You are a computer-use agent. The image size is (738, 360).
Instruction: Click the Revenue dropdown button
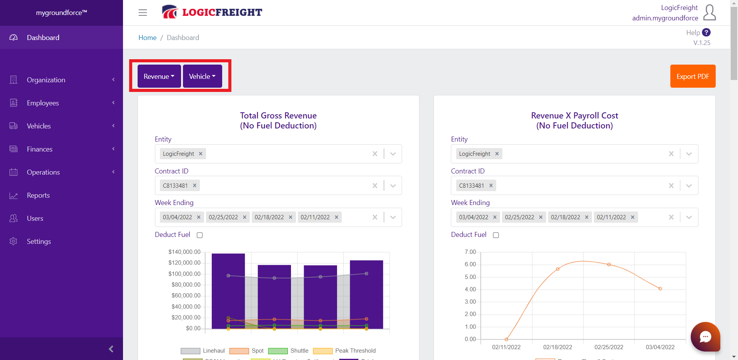pos(159,76)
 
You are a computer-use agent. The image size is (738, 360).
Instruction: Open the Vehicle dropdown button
pos(202,76)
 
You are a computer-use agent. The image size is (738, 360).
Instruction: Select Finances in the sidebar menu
pos(40,149)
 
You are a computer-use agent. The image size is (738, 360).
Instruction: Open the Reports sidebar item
pos(38,195)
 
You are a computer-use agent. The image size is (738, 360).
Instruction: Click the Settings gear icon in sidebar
pos(13,241)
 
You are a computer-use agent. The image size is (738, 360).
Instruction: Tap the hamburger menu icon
pos(143,13)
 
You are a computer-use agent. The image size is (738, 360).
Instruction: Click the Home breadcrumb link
pos(147,38)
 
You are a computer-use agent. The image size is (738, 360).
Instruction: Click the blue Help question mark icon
pos(706,33)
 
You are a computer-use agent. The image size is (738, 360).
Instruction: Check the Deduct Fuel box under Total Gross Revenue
pos(199,235)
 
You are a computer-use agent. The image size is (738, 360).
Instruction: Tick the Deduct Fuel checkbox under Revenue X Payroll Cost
pos(496,235)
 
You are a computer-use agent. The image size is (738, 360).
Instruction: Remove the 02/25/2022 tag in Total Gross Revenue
pos(244,217)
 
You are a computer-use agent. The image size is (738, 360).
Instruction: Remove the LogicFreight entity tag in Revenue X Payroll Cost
pos(497,154)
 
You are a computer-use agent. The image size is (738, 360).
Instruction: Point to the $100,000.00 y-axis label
pos(184,274)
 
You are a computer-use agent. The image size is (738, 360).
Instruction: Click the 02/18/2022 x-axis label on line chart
pos(557,347)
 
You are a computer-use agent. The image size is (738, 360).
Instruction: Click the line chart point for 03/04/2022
pos(660,288)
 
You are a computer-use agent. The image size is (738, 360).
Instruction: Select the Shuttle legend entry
pos(299,351)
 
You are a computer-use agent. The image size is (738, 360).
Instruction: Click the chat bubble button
pos(705,337)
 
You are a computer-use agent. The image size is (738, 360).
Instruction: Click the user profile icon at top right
pos(710,13)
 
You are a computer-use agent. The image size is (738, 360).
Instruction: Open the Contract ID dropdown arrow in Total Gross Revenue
pos(393,186)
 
